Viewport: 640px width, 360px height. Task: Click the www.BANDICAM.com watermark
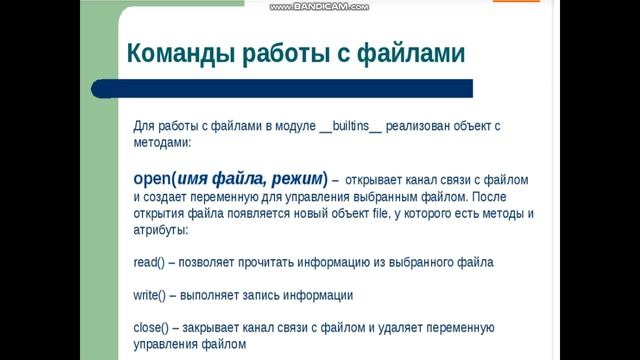(319, 7)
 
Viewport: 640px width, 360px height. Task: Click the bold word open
(152, 179)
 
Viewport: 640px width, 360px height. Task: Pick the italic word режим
(295, 179)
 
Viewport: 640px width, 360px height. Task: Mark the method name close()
(151, 328)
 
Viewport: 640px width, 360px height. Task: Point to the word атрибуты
(160, 230)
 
